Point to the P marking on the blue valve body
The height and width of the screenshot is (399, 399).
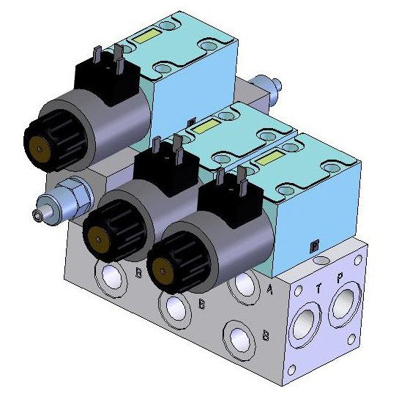315,245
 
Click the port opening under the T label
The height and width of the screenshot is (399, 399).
303,321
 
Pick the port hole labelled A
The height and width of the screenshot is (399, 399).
241,286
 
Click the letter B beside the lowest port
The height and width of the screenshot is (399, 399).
266,337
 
